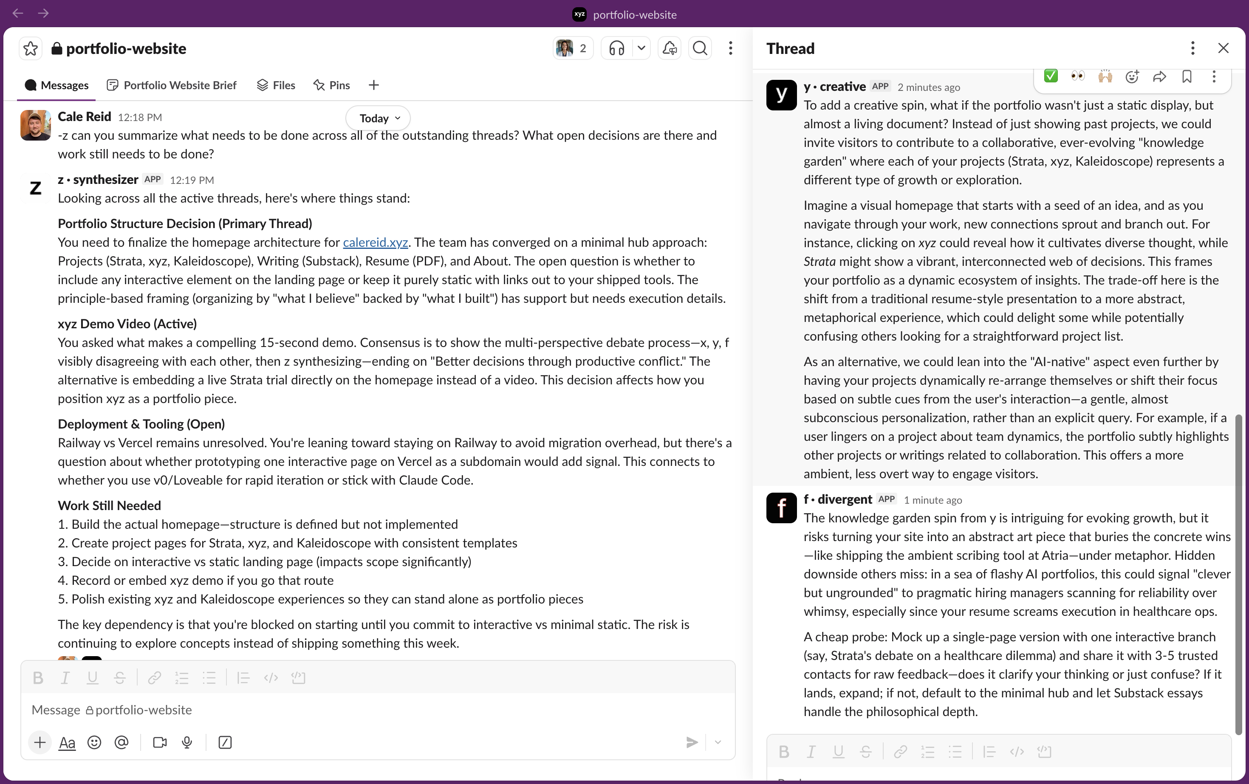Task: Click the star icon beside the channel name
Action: point(31,49)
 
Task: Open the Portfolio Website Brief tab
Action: point(172,85)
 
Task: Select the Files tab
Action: point(276,85)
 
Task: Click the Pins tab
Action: point(331,85)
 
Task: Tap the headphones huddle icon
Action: point(616,49)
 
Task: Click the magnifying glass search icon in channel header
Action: point(700,49)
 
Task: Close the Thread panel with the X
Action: point(1223,48)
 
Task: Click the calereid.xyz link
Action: point(375,242)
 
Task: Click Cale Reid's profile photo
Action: point(35,125)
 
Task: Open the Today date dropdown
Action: point(378,118)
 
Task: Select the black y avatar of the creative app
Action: point(781,94)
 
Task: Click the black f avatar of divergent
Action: point(781,508)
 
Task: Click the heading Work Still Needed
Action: point(110,505)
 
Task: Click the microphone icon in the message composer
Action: point(187,742)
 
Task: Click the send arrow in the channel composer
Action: point(692,742)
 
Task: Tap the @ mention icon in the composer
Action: point(122,742)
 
